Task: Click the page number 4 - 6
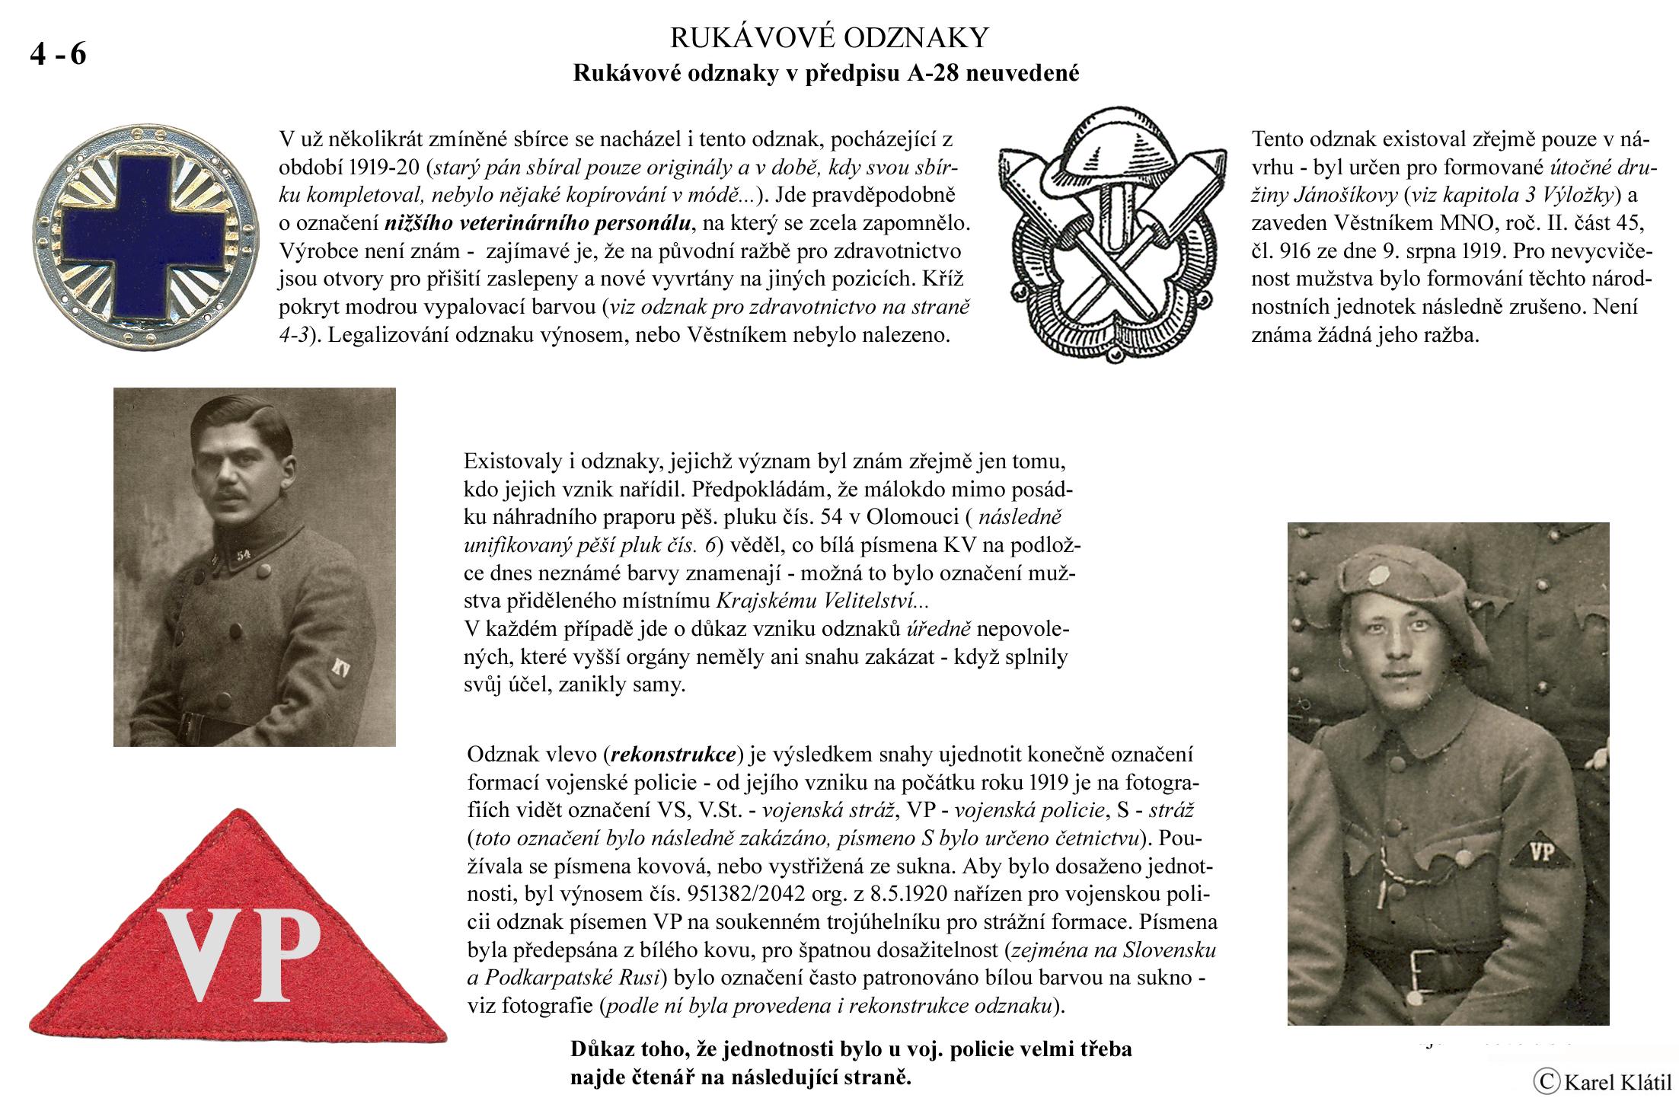coord(58,55)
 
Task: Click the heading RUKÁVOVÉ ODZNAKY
coord(828,37)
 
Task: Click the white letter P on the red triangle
coord(281,955)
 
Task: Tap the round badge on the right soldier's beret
coord(1380,576)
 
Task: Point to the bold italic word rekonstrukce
coord(674,755)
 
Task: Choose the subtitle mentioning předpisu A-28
coord(825,75)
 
